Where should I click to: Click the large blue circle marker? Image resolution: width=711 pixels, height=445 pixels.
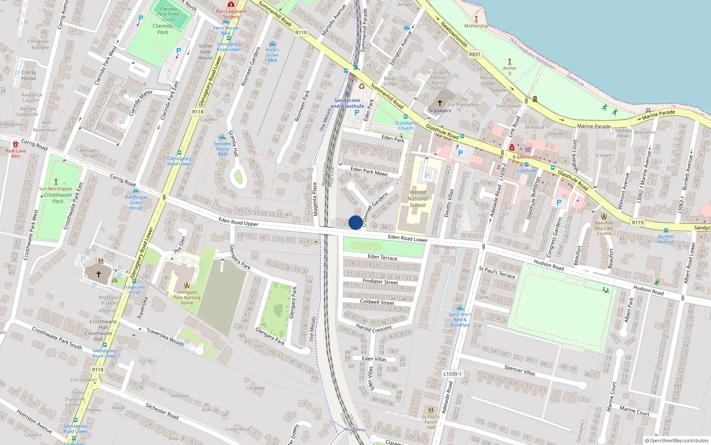click(355, 222)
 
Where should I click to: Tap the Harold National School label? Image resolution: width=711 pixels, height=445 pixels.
click(418, 199)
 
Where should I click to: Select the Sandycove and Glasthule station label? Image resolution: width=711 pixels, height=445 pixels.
click(347, 103)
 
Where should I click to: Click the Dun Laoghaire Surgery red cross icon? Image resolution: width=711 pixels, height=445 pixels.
click(231, 4)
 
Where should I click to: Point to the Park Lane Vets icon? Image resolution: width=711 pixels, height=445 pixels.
click(16, 144)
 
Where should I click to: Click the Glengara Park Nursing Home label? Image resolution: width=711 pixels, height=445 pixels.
click(187, 298)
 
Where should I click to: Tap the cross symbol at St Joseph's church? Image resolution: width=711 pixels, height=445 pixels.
click(440, 103)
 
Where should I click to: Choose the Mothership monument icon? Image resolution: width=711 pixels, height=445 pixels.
click(476, 19)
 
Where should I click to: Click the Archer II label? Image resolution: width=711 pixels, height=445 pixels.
click(510, 71)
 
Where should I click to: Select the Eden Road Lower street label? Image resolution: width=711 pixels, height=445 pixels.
click(407, 239)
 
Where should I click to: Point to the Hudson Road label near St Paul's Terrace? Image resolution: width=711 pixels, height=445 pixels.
click(549, 265)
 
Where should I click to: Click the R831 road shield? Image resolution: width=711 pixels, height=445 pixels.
click(475, 54)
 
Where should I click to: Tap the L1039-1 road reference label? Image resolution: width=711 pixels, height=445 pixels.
click(452, 374)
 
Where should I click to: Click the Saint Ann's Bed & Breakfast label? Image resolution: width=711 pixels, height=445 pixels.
click(460, 320)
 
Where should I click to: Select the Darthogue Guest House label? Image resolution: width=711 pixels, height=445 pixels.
click(136, 202)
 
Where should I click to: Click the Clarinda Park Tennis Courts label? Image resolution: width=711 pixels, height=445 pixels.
click(168, 14)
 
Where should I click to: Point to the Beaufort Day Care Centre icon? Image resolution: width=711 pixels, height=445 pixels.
click(604, 216)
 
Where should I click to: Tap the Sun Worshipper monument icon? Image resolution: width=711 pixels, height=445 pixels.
click(56, 182)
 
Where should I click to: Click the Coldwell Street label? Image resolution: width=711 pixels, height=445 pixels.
click(377, 302)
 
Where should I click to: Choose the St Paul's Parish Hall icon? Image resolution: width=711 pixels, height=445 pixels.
click(430, 410)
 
